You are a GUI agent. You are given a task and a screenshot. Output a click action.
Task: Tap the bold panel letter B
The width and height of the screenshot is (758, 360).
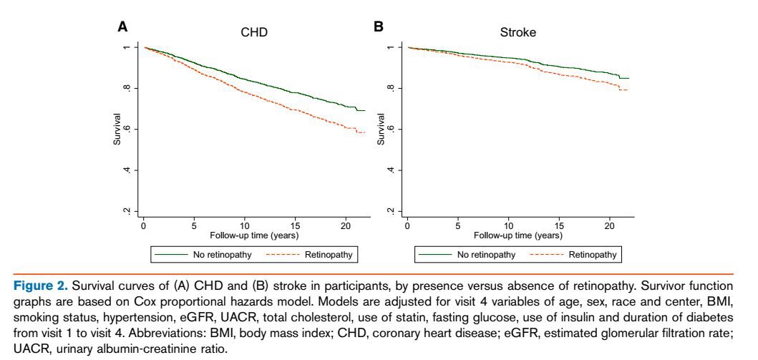pos(379,26)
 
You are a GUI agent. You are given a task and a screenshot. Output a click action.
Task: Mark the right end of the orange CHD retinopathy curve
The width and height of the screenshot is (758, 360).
pos(365,132)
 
